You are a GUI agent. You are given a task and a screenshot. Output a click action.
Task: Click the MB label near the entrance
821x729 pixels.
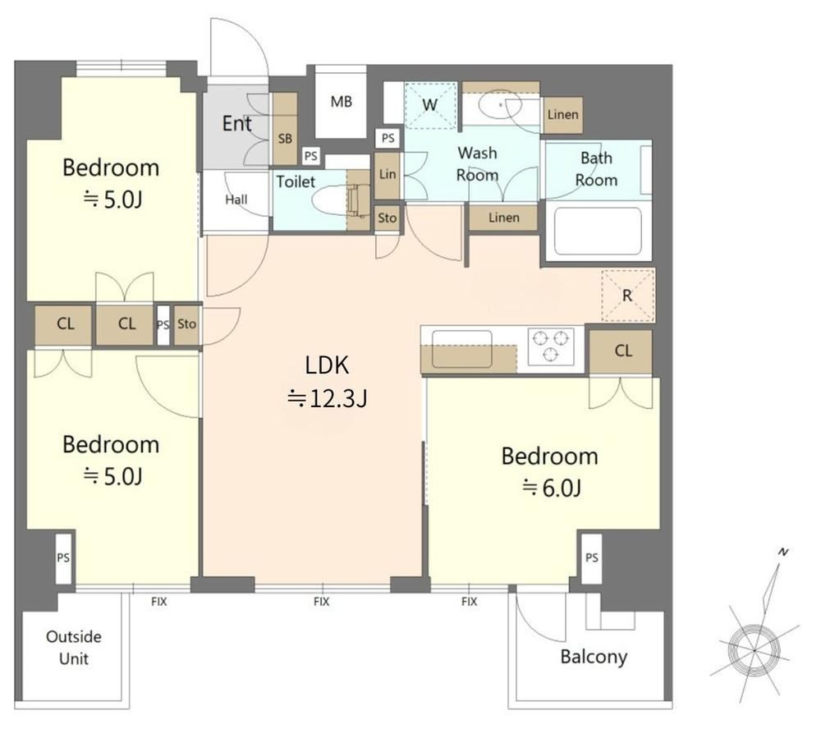(342, 102)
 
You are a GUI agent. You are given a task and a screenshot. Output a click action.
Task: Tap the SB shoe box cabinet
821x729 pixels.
(285, 129)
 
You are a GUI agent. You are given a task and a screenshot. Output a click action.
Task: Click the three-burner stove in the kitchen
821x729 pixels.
(551, 346)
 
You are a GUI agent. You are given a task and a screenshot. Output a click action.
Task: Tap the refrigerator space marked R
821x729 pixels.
(628, 296)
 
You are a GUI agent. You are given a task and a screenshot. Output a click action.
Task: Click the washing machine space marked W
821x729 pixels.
(430, 105)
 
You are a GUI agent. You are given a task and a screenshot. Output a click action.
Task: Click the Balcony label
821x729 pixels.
(594, 657)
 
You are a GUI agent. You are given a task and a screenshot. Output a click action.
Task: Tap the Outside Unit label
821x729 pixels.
(74, 647)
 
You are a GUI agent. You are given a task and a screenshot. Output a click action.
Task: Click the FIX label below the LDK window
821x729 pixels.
(322, 602)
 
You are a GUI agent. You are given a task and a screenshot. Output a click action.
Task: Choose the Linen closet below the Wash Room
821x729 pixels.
(504, 218)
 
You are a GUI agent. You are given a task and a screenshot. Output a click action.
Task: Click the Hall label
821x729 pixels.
(236, 199)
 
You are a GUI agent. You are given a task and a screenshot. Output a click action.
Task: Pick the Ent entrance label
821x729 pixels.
(236, 124)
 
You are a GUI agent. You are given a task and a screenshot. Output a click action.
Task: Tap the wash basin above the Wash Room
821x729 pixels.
(501, 107)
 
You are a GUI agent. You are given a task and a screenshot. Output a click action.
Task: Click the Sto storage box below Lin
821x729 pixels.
(388, 218)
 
